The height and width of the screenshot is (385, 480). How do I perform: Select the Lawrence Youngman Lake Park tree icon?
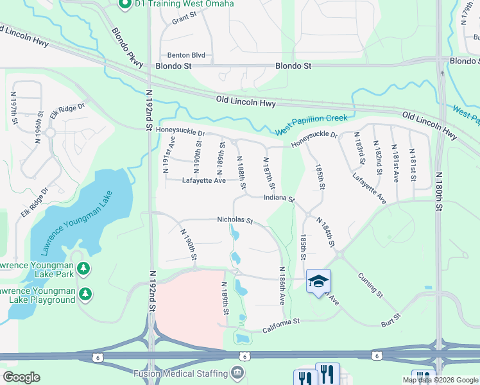(x=82, y=268)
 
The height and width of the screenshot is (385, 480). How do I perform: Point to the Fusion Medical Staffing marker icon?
(x=237, y=372)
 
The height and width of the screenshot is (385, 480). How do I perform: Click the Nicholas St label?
(x=236, y=220)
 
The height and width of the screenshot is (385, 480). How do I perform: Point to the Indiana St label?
(x=279, y=198)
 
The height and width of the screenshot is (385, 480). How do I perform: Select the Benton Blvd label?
(x=186, y=55)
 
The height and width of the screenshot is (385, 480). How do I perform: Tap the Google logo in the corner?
(x=21, y=377)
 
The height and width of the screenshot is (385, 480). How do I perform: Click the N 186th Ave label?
(x=281, y=286)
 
